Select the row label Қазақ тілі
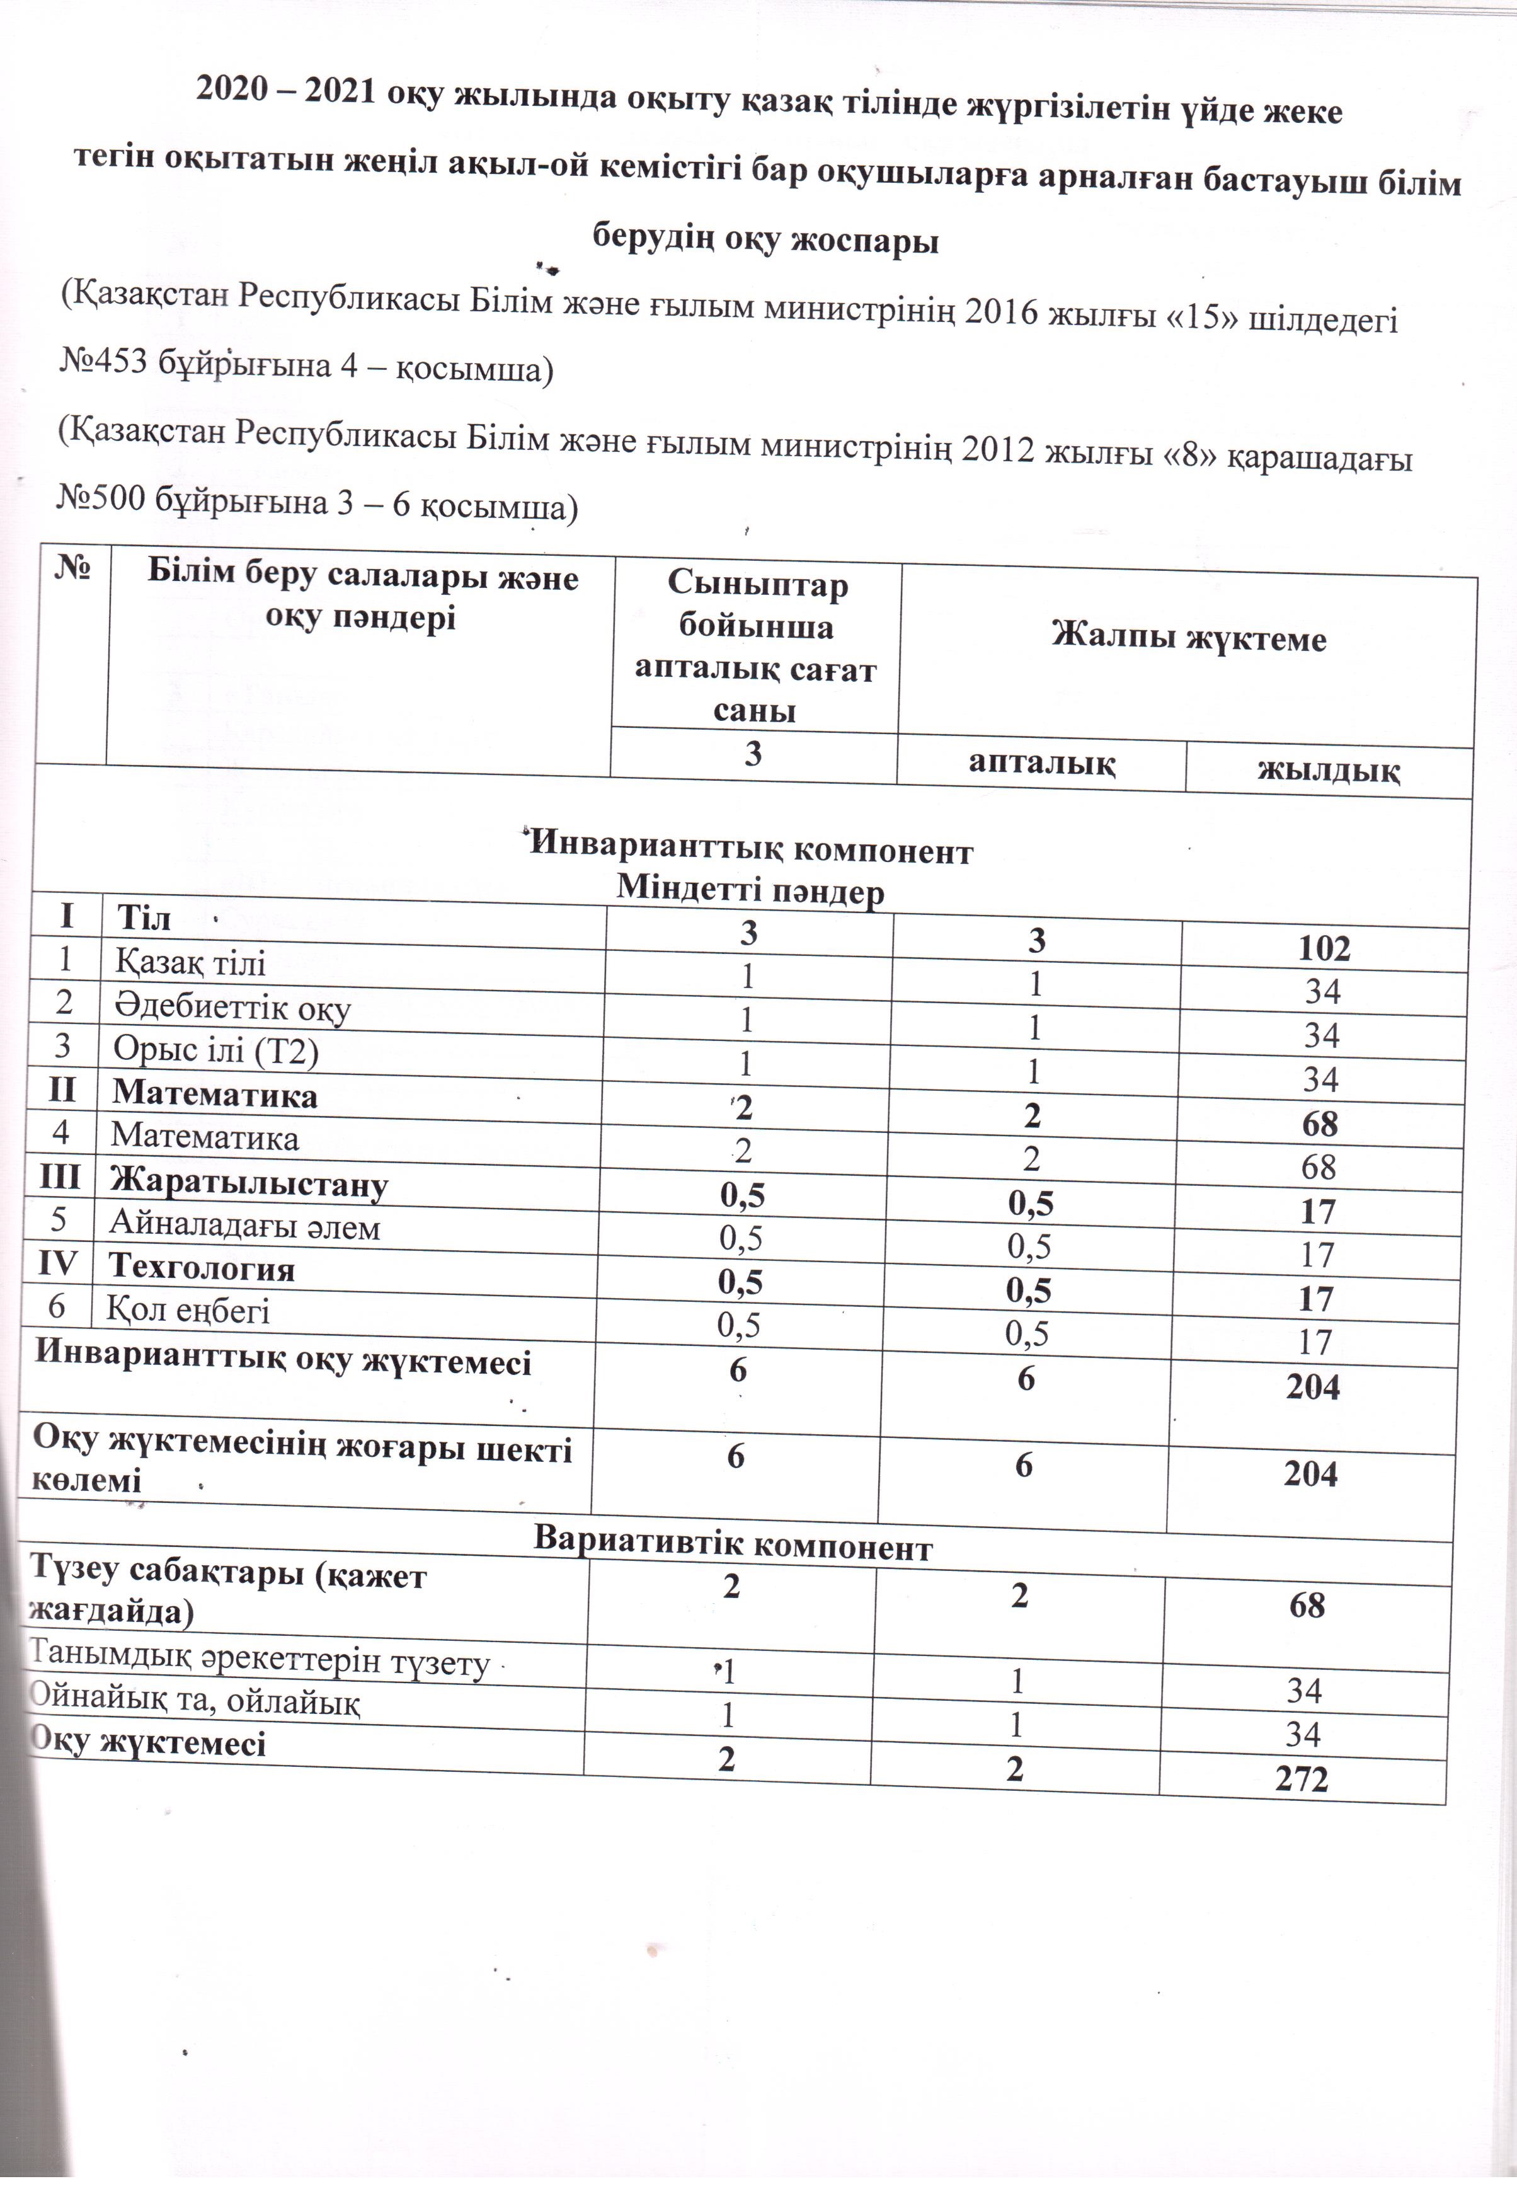coord(190,963)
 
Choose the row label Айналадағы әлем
coord(244,1226)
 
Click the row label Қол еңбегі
coord(188,1311)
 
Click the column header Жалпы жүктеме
coord(1188,637)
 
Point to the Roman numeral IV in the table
coord(58,1265)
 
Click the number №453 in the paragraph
coord(103,365)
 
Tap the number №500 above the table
coord(103,500)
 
